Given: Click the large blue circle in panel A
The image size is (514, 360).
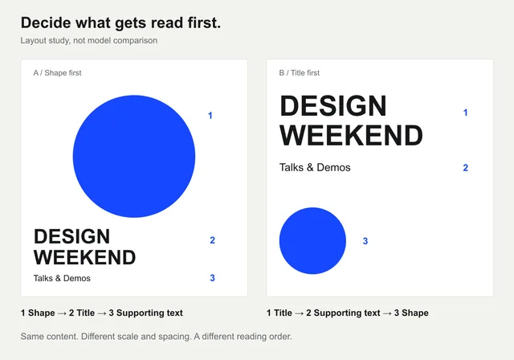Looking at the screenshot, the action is [x=134, y=157].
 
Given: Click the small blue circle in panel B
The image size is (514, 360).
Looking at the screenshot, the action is [x=312, y=240].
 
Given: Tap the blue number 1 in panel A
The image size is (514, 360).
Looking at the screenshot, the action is [x=210, y=116].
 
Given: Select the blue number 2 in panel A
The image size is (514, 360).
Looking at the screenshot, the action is [x=212, y=240].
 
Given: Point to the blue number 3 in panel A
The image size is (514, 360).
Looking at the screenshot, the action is [x=212, y=278].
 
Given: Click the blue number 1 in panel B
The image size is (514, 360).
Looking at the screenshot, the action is [x=465, y=112].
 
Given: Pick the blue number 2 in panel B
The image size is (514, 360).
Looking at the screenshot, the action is [x=466, y=168].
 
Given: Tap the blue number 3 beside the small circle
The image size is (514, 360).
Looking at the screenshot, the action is [x=365, y=241].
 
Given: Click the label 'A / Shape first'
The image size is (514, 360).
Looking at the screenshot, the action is [x=57, y=73].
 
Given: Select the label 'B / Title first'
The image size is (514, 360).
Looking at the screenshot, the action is [x=300, y=73].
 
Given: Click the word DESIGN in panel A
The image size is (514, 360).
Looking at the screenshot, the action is [x=71, y=236].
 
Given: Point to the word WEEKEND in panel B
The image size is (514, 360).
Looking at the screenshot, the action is [x=351, y=136].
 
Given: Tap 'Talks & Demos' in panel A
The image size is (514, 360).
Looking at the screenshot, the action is [x=62, y=278].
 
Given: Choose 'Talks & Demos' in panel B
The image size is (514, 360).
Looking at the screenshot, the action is [x=315, y=167].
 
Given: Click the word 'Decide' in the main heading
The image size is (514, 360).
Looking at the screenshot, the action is [x=46, y=23].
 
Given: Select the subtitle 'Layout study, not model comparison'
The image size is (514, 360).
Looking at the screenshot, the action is [x=89, y=41].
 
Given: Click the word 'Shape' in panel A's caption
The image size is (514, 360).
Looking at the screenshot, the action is [x=42, y=313].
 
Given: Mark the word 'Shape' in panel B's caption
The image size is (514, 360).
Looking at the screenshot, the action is [x=415, y=313].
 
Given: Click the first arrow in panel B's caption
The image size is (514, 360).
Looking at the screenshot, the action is [x=299, y=313].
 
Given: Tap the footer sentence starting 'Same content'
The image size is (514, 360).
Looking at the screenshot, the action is [x=156, y=337].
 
